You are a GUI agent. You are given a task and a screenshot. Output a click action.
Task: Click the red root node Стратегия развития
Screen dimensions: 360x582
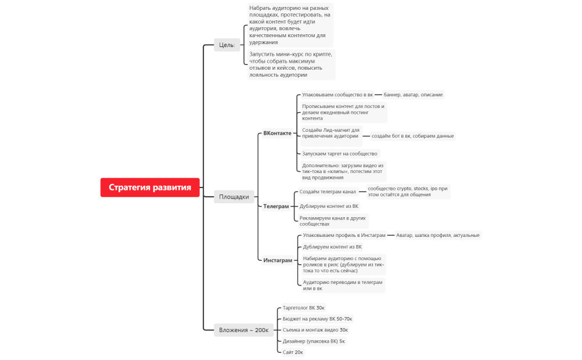tap(150, 187)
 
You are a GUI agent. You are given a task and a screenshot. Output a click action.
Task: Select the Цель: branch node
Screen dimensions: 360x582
tap(227, 45)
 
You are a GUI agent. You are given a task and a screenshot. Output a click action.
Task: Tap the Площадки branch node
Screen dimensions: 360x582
tap(234, 196)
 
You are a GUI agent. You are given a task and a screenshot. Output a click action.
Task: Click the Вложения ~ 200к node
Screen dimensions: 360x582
tap(243, 330)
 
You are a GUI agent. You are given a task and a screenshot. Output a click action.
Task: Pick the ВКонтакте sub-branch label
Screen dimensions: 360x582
tap(277, 133)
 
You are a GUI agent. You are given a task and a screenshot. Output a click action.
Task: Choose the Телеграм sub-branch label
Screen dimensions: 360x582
tap(276, 206)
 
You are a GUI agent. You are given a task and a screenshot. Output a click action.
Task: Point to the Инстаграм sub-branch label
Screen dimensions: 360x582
tap(278, 261)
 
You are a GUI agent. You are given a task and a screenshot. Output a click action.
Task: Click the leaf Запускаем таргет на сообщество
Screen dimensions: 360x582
tap(340, 154)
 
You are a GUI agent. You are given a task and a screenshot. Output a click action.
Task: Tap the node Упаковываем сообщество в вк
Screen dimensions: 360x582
tap(337, 95)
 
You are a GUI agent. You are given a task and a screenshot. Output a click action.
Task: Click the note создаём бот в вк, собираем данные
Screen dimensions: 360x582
tap(412, 136)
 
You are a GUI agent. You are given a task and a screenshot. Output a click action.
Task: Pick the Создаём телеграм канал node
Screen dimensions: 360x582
tap(328, 192)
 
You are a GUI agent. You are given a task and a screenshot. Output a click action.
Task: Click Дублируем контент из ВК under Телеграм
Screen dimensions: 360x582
tap(329, 206)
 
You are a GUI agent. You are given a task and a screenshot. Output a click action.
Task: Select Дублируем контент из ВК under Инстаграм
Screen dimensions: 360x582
tap(332, 247)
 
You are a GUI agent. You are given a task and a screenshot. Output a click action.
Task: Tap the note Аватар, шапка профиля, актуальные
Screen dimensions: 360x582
tap(437, 235)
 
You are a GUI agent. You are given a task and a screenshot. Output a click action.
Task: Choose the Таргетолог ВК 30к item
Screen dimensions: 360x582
tap(303, 308)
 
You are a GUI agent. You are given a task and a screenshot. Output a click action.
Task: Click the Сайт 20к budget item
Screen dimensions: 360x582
tap(292, 352)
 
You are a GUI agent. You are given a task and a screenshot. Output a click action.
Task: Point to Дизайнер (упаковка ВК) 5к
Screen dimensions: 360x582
tap(314, 341)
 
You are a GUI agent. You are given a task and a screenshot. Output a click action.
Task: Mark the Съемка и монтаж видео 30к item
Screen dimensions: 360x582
tap(315, 330)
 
